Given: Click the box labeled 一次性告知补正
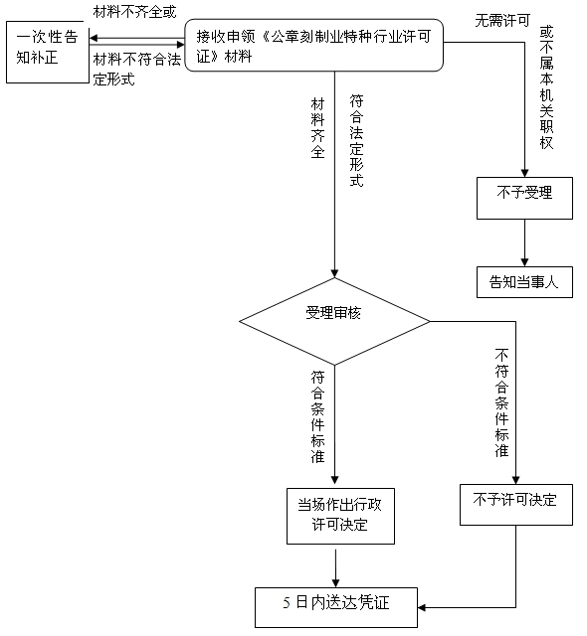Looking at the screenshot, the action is coord(48,52).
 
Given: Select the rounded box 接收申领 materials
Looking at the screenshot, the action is coord(313,45).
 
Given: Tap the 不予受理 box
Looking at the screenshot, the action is coord(524,198).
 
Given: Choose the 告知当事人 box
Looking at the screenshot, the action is coord(524,282).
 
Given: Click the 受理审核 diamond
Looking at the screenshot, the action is coord(334,321).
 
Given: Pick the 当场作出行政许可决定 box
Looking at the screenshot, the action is coord(340,516).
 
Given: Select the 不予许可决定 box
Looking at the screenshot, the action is coord(516,505).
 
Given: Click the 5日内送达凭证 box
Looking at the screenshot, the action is coord(336,607).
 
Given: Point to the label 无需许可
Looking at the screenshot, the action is coord(502,20).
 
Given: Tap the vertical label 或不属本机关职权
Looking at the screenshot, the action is coord(546,87).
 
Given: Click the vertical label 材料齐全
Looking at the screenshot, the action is coord(317,128).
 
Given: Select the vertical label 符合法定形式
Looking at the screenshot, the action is coord(356,140).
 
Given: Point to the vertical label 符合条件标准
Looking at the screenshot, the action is coord(317,416).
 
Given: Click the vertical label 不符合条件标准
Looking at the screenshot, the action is coord(501,402).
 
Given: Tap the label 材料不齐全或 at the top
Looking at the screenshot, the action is coord(134,12).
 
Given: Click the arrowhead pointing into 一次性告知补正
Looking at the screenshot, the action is coord(94,38).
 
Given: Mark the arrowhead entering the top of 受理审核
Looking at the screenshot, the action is coord(334,273).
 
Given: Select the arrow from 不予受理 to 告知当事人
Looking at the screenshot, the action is coord(524,242).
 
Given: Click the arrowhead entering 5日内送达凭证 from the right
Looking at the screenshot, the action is coord(422,607).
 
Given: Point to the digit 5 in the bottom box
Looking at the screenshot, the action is coord(287,603).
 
